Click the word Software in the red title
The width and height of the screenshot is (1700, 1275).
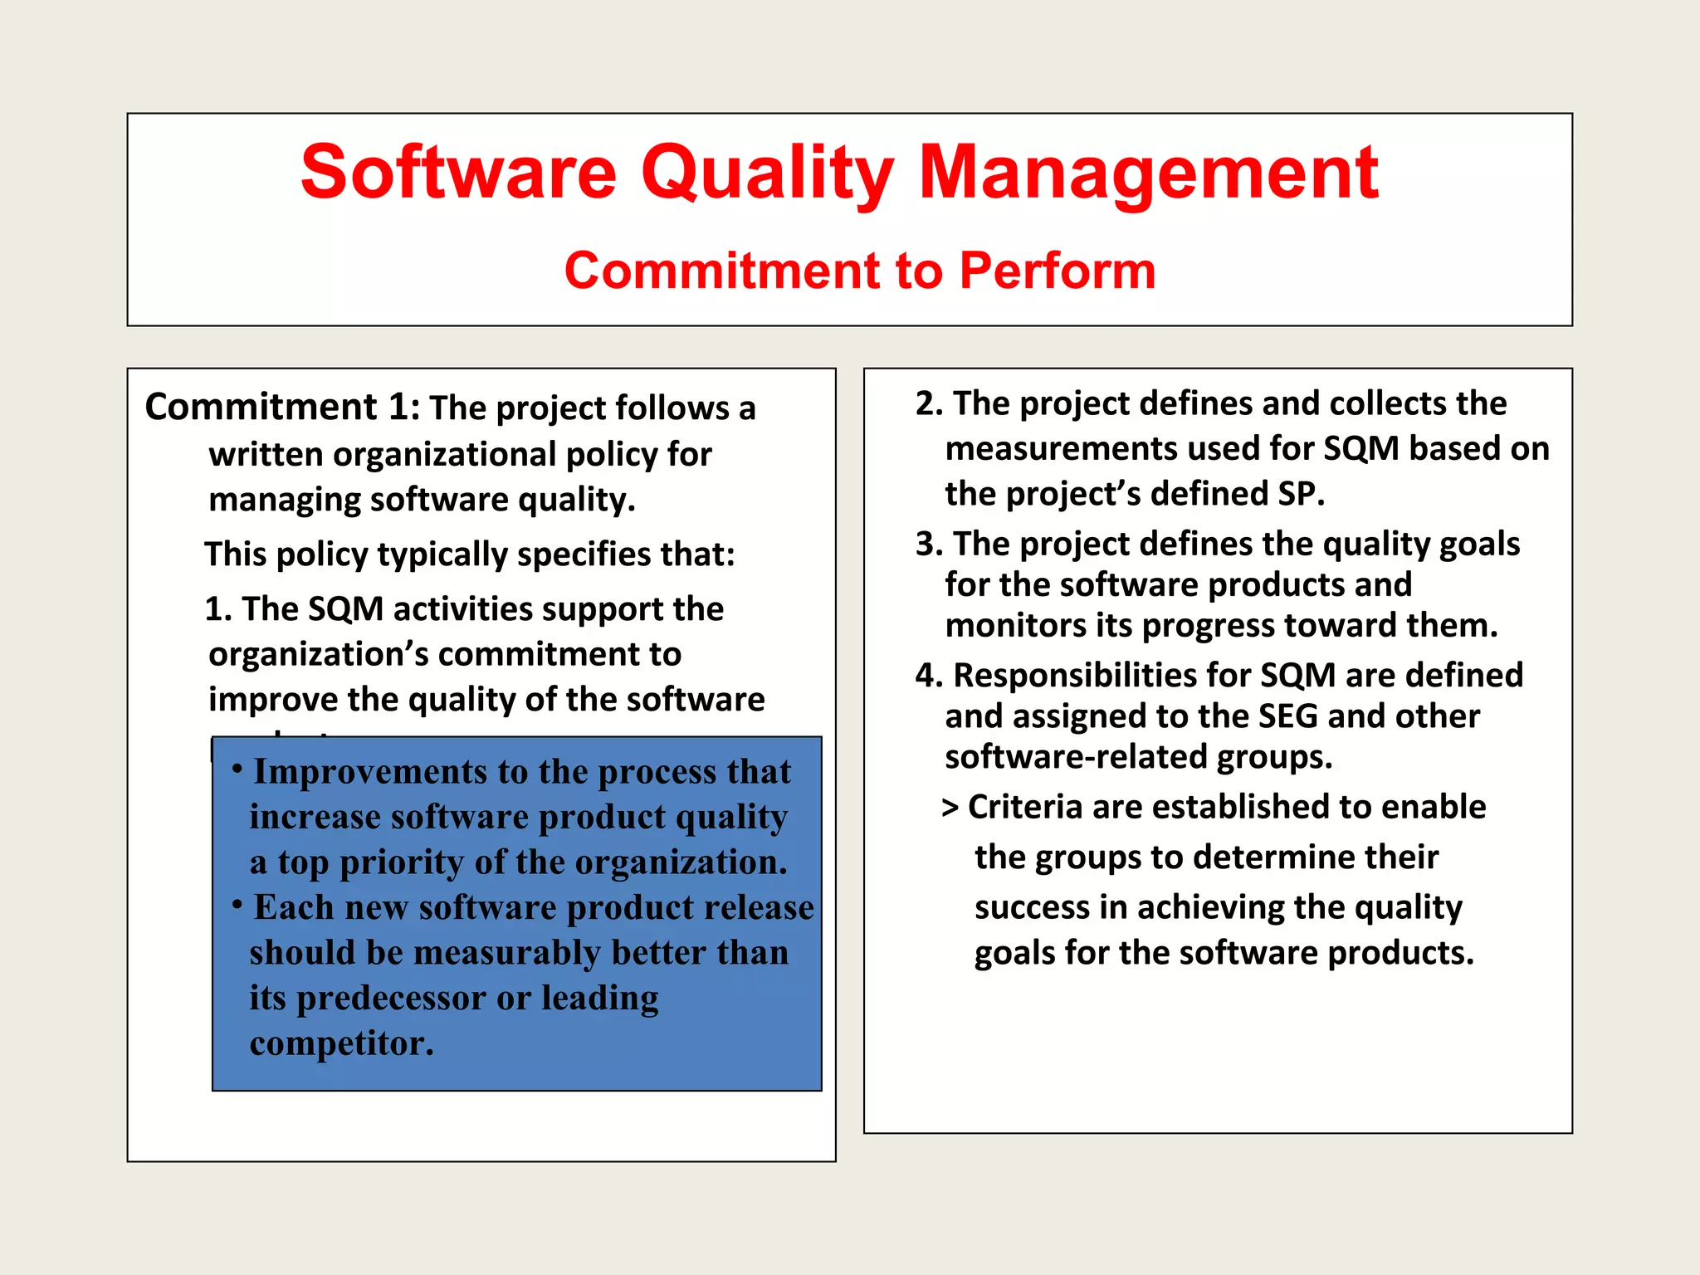pyautogui.click(x=458, y=173)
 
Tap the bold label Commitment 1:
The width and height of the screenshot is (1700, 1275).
pyautogui.click(x=282, y=408)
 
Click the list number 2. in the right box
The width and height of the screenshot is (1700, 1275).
pyautogui.click(x=929, y=403)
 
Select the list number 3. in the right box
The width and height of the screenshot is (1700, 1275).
pyautogui.click(x=929, y=544)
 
